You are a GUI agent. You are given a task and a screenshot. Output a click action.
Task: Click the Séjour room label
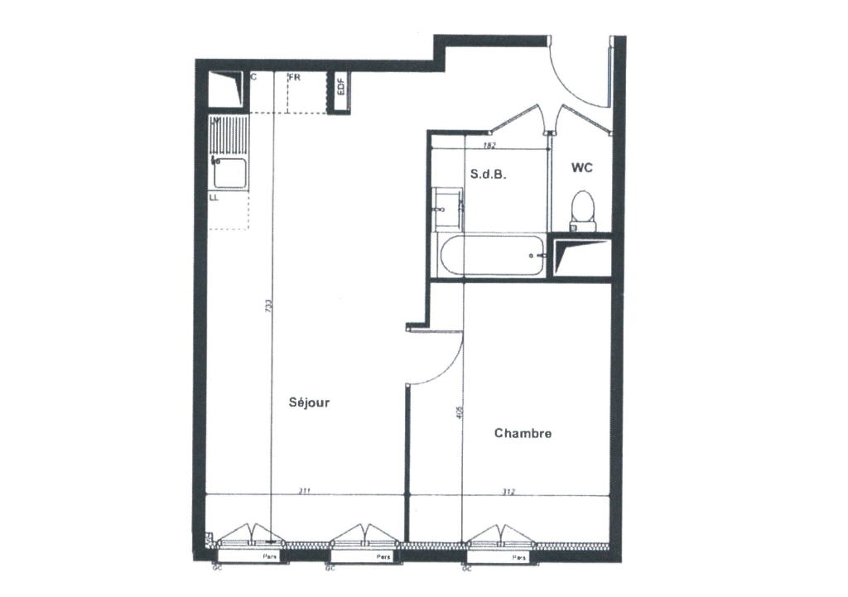[310, 403]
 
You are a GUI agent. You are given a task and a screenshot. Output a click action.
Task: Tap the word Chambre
[523, 433]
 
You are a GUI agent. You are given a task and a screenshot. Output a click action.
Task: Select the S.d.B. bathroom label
[488, 176]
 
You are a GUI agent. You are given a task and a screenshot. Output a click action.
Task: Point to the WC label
[581, 168]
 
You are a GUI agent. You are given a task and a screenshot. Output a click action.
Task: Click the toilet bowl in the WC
[583, 207]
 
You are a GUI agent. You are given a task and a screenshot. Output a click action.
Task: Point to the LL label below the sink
[214, 198]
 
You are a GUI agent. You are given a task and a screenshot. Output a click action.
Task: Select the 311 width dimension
[304, 492]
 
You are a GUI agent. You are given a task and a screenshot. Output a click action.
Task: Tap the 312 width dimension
[508, 492]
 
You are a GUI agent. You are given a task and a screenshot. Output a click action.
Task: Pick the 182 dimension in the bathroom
[489, 146]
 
